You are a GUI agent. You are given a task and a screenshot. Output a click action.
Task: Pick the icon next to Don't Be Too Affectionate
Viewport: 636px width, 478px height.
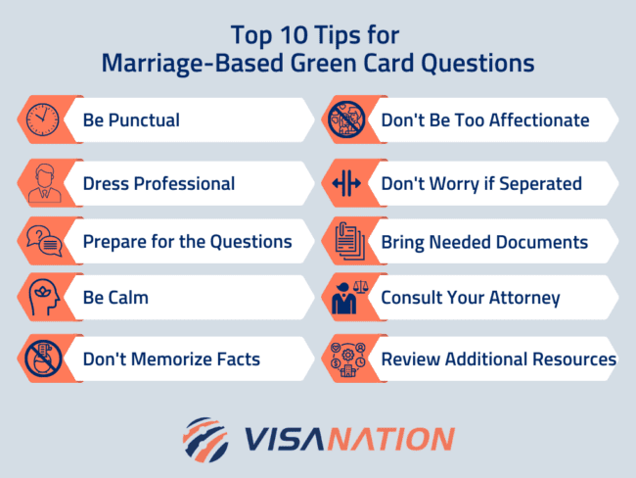(345, 120)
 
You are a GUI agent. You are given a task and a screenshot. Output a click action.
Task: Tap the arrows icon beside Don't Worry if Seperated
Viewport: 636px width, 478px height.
(345, 183)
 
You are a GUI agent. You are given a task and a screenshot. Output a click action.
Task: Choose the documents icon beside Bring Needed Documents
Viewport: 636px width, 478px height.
(345, 241)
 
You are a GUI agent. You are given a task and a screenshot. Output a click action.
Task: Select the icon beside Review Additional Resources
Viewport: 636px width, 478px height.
(345, 358)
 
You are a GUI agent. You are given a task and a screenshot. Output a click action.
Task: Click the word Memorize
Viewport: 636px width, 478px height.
(167, 358)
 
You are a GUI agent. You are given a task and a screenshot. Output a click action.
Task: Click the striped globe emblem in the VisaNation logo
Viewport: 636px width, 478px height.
(205, 437)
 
